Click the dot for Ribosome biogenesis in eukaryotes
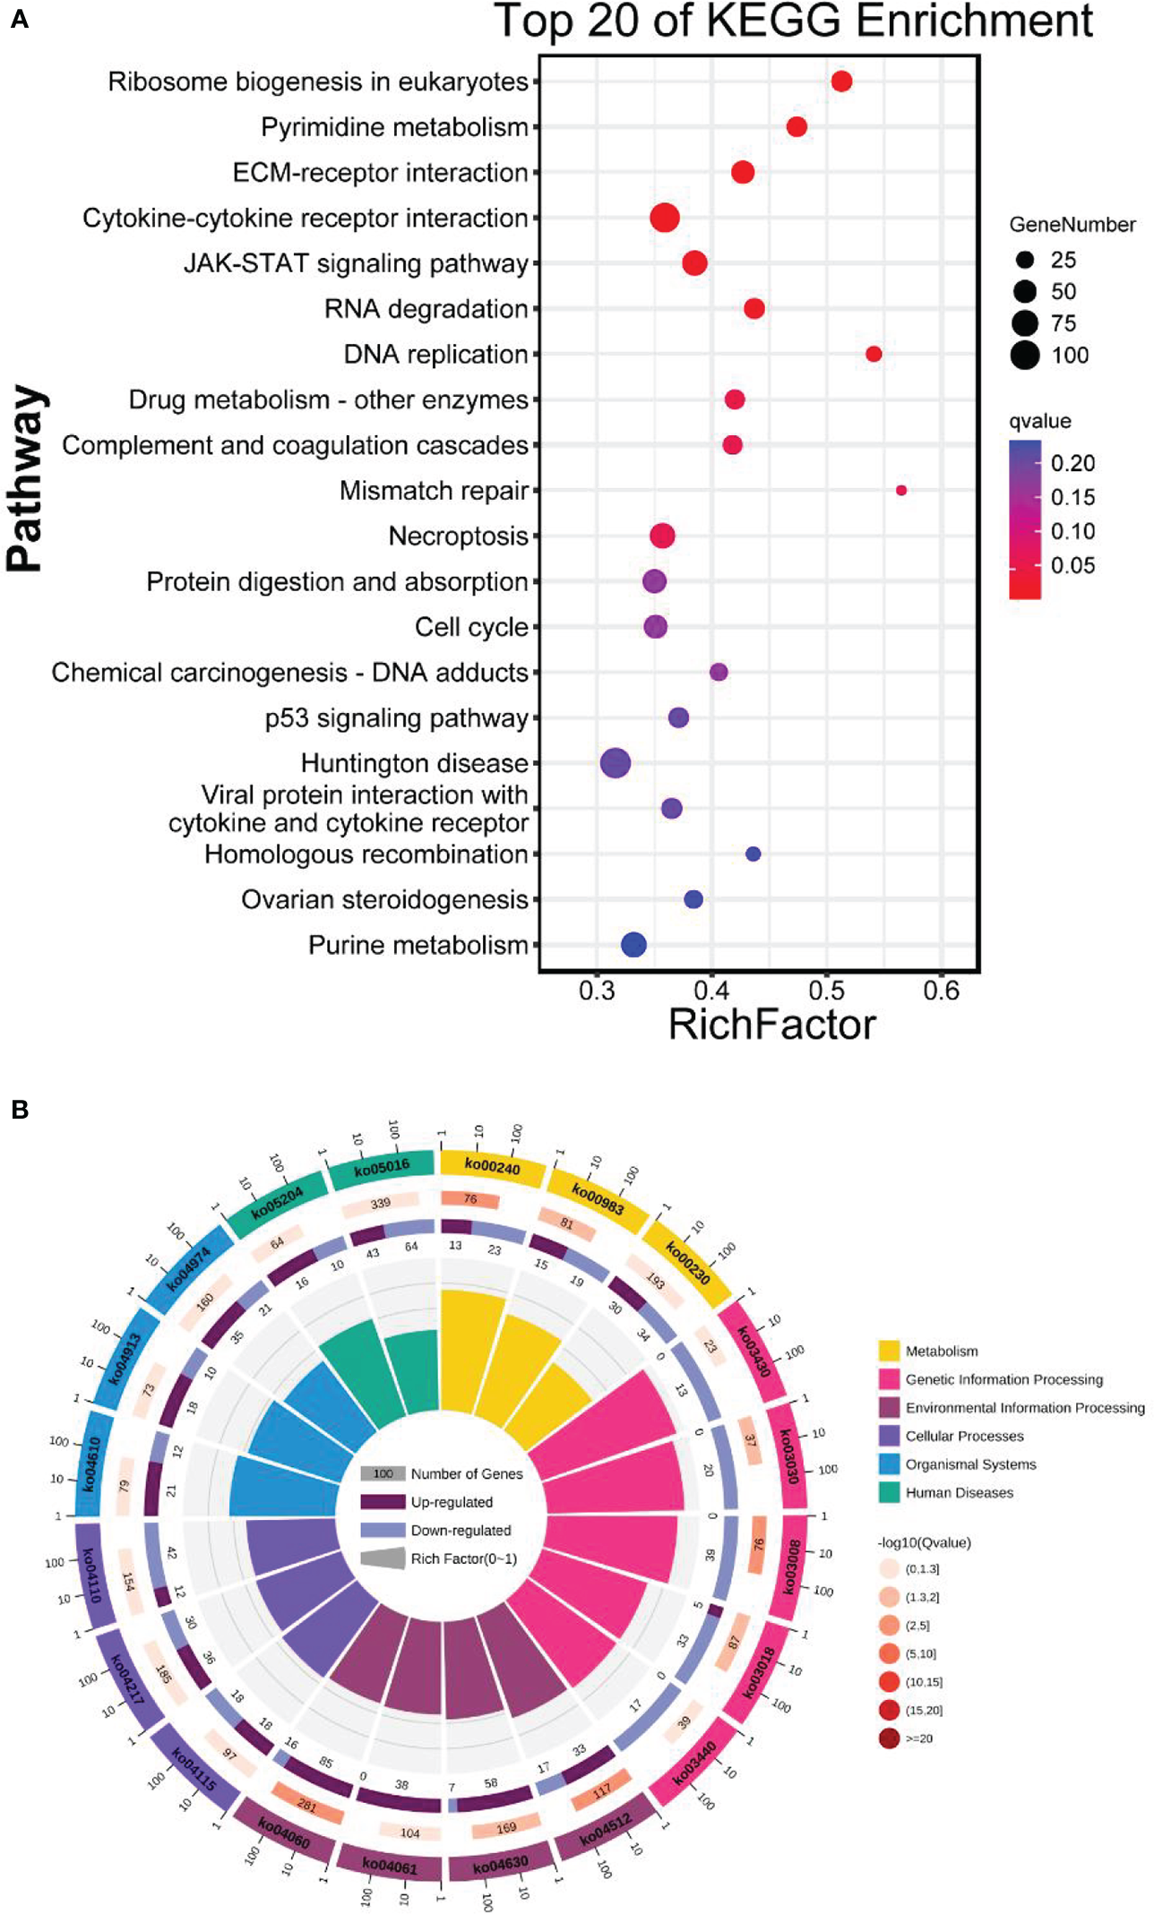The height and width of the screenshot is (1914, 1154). coord(841,82)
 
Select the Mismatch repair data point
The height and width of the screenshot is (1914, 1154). coord(901,491)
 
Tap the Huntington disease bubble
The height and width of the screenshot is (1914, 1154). coord(616,764)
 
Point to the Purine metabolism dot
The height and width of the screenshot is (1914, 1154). coord(633,945)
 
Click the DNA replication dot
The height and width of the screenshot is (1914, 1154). coord(874,355)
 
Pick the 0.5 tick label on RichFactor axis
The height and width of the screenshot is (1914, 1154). coord(826,991)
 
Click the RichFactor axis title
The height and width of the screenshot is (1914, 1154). coord(771,1025)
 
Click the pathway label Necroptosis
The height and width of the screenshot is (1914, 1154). coord(458,536)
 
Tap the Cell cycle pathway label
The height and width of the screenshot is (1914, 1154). coord(471,627)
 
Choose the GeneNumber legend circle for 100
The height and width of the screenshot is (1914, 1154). coord(1025,356)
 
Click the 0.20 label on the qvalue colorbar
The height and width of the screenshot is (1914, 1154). coord(1072,463)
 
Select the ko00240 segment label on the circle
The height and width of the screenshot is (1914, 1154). coord(492,1167)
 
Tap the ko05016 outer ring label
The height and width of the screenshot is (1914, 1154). coord(382,1167)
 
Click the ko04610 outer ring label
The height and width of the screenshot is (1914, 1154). coord(90,1463)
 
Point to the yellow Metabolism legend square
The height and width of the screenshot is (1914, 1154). coord(889,1351)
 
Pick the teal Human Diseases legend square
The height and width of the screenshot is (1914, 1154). coord(889,1492)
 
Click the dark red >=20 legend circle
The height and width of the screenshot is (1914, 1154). coord(889,1738)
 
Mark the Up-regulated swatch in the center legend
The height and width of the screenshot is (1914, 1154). coord(383,1502)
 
